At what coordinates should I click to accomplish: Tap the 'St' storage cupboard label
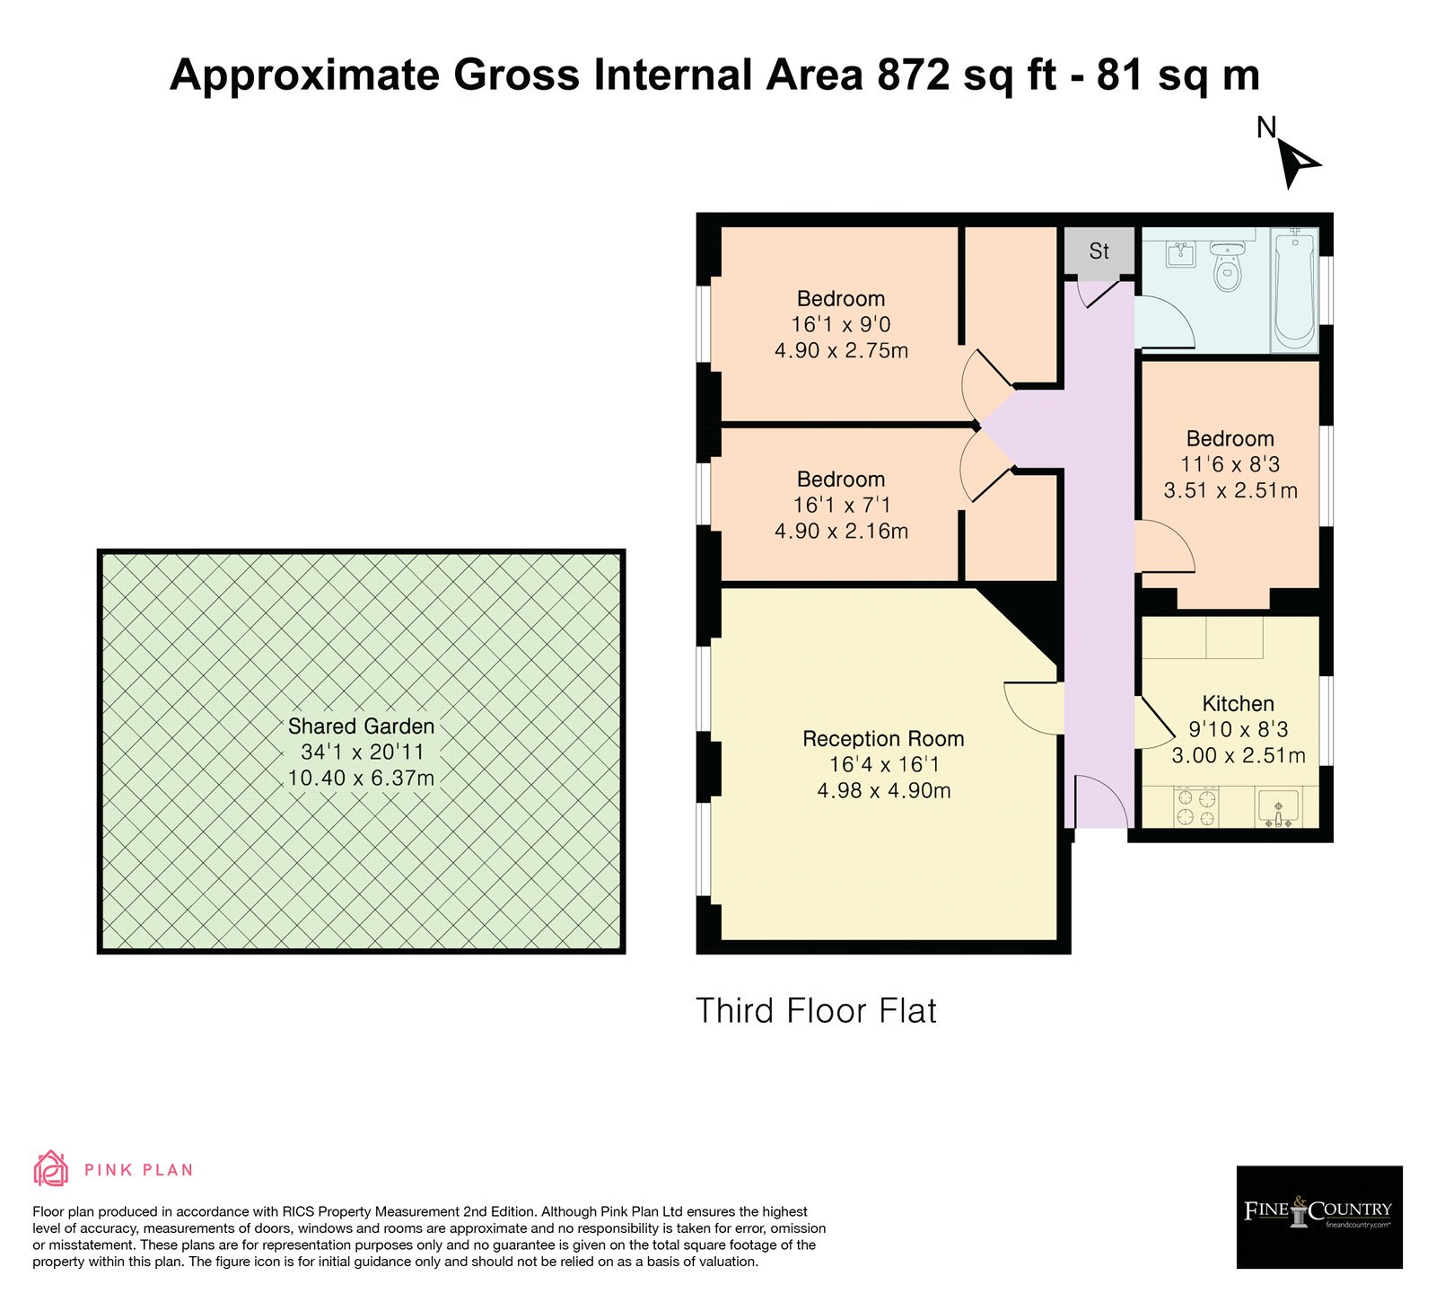pyautogui.click(x=1099, y=251)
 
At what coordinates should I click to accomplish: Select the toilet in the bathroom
pyautogui.click(x=1226, y=264)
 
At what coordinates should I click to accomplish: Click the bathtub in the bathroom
pyautogui.click(x=1294, y=287)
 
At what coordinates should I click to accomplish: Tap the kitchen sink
pyautogui.click(x=1276, y=807)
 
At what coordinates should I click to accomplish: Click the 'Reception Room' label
pyautogui.click(x=883, y=739)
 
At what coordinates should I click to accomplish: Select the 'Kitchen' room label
pyautogui.click(x=1238, y=704)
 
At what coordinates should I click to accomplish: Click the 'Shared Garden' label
pyautogui.click(x=361, y=726)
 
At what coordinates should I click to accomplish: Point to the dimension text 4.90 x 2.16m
pyautogui.click(x=841, y=532)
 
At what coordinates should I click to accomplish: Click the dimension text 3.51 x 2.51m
pyautogui.click(x=1230, y=491)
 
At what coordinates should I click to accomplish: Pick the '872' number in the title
pyautogui.click(x=914, y=75)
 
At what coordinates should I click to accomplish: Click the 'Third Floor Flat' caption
pyautogui.click(x=816, y=1011)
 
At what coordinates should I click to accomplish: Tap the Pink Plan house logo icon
pyautogui.click(x=51, y=1168)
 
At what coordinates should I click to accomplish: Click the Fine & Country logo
pyautogui.click(x=1319, y=1217)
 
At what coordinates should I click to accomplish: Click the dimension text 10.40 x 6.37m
pyautogui.click(x=361, y=779)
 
